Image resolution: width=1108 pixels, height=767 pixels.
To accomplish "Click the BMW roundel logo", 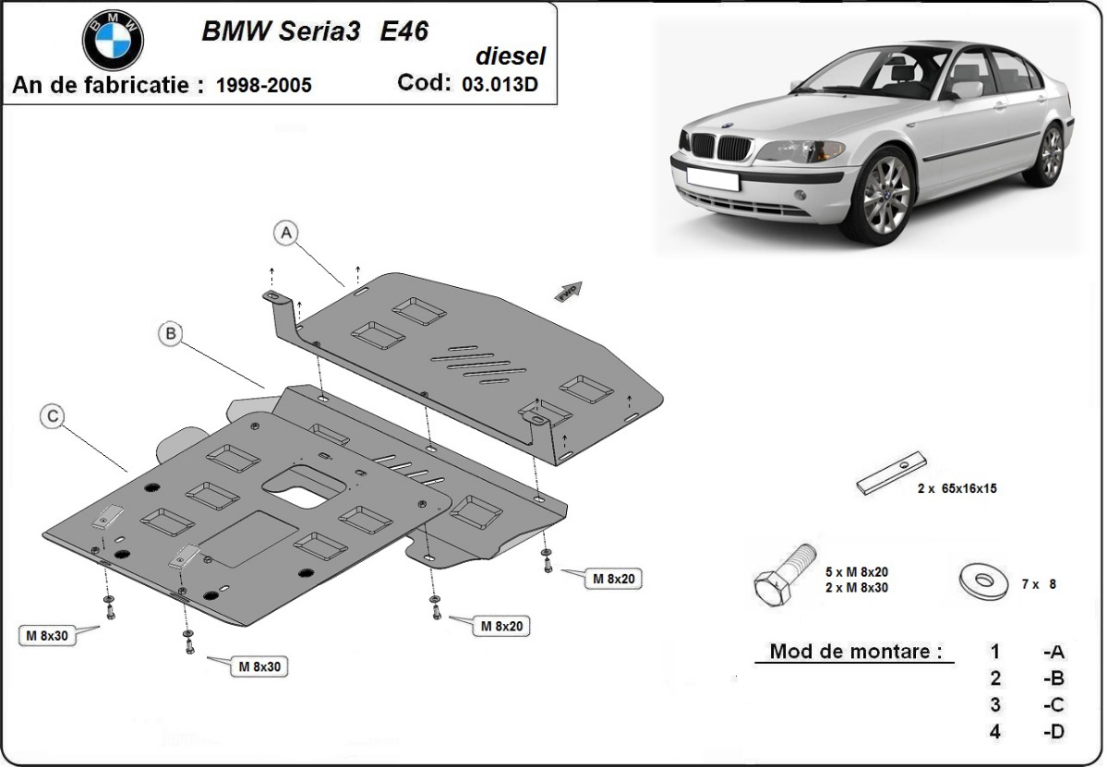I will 113,40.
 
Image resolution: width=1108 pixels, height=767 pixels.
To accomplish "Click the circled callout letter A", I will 287,234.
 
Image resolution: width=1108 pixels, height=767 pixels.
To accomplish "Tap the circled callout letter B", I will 170,334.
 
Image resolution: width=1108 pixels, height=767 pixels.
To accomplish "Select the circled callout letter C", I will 53,417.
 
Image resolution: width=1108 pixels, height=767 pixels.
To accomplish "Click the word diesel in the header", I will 511,56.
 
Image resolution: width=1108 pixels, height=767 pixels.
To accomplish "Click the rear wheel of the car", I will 1051,154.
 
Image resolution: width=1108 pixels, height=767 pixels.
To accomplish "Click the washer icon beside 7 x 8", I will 984,582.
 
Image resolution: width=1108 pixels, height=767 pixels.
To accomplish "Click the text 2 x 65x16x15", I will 957,489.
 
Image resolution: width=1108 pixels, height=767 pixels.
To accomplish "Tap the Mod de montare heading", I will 856,652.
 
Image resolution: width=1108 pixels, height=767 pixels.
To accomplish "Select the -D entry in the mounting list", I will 1053,732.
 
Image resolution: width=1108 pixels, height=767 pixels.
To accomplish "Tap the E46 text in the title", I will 403,30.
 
